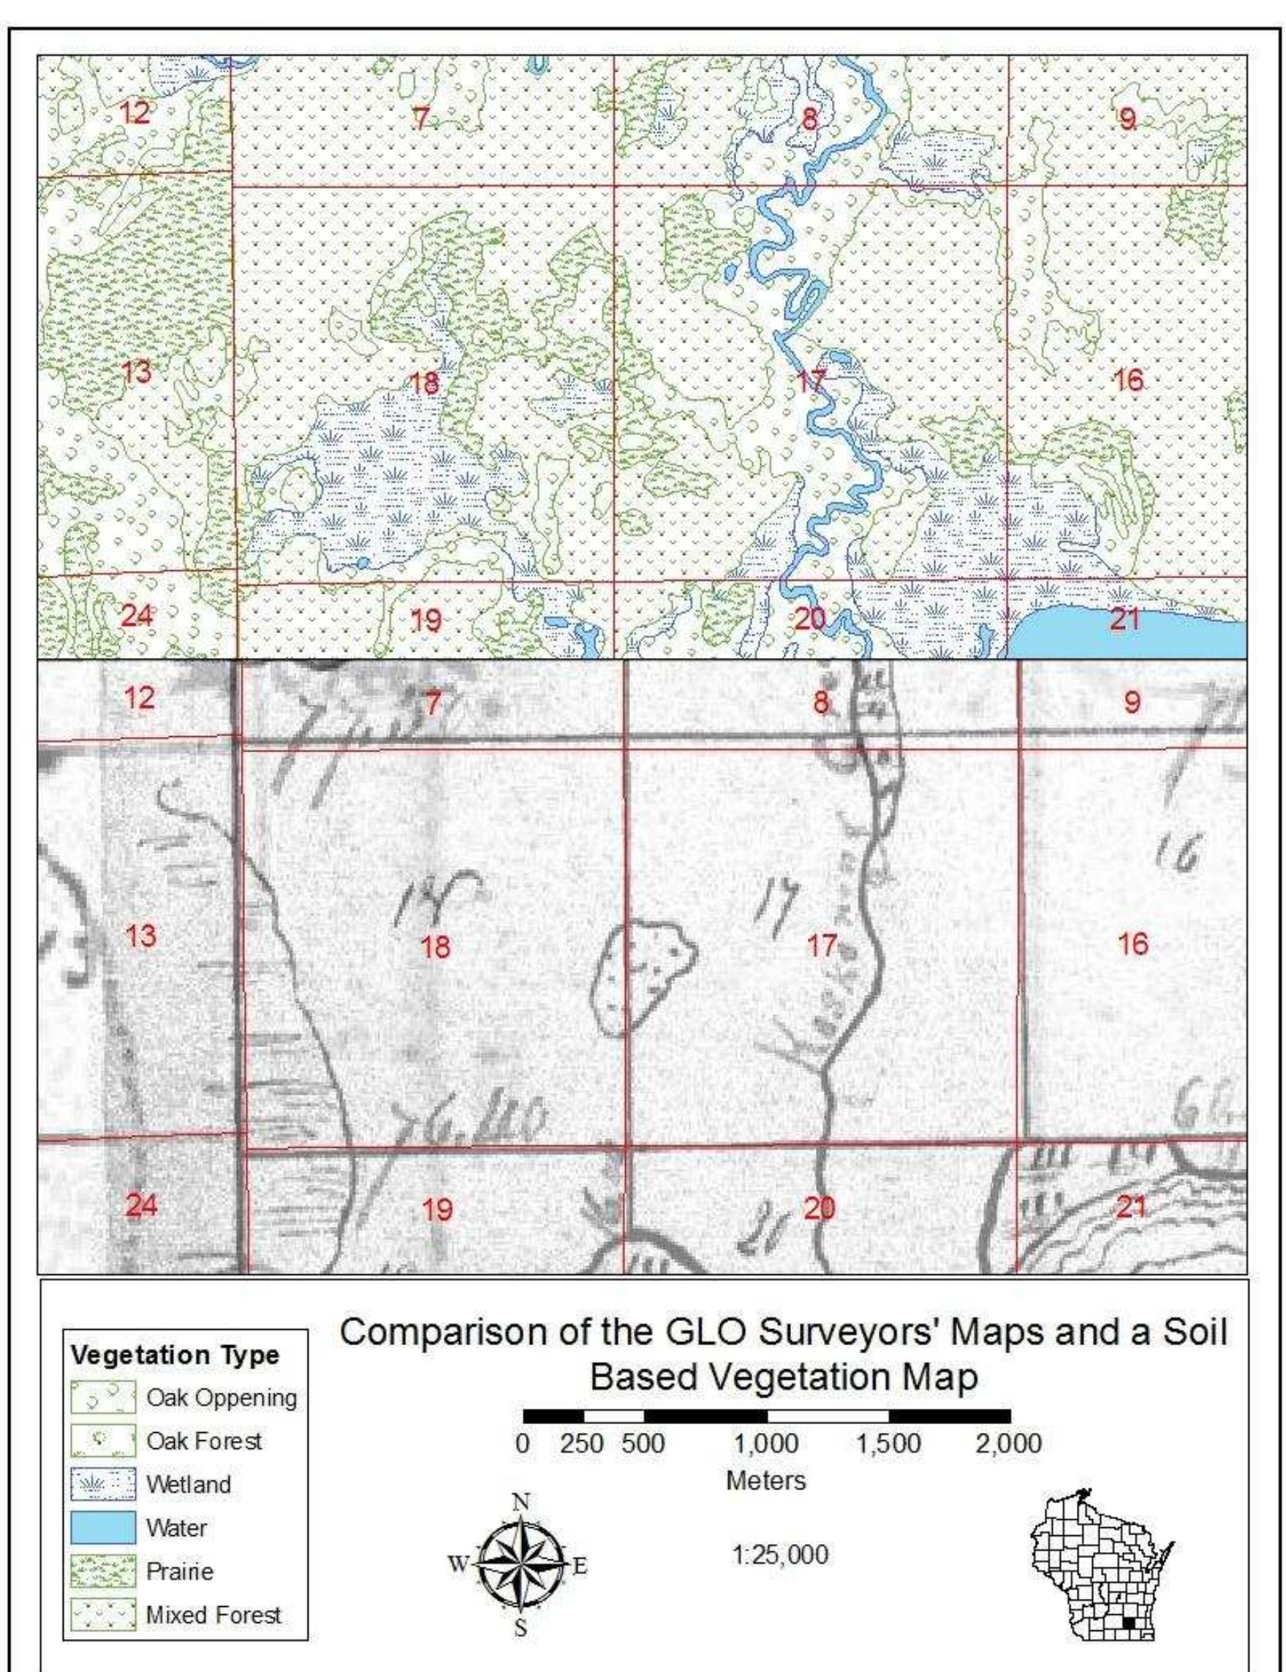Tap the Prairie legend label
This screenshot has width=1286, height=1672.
179,1571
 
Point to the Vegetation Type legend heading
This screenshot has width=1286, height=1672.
175,1355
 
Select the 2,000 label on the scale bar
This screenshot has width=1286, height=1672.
1009,1445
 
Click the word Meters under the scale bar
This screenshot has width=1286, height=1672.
765,1480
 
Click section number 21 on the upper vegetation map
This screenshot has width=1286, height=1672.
1124,619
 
